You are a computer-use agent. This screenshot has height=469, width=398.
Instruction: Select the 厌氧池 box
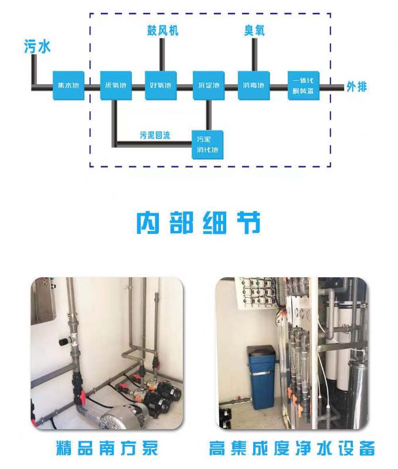pos(115,86)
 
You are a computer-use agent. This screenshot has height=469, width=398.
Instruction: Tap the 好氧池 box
pos(161,86)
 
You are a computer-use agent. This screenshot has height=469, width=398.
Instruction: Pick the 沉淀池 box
pos(208,86)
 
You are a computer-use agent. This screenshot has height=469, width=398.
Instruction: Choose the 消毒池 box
pos(253,86)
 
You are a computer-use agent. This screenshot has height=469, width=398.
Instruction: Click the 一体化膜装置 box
pos(304,86)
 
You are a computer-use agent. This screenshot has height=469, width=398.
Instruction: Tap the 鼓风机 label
pos(162,30)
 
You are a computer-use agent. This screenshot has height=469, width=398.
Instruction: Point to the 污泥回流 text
pos(155,135)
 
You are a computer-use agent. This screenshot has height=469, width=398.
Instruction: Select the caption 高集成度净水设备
pos(291,449)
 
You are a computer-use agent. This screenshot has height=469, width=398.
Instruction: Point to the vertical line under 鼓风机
pos(162,55)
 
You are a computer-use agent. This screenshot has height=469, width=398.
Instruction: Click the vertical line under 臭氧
pos(254,55)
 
